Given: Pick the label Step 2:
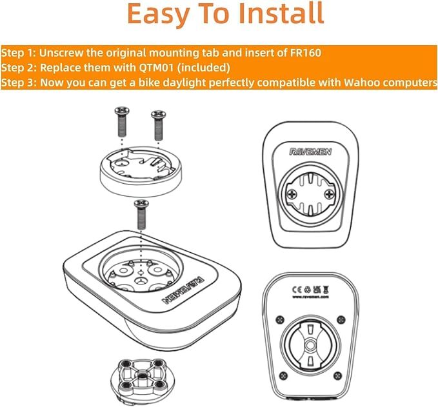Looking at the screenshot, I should (x=19, y=67).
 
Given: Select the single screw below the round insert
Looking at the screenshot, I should (x=140, y=212).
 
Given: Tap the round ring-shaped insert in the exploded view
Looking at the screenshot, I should (x=138, y=170).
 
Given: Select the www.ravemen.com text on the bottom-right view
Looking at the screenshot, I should (x=311, y=299).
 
